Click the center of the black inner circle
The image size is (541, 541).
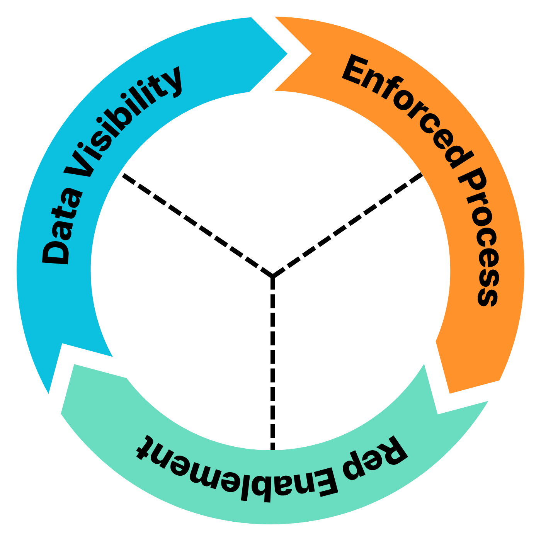coord(270,270)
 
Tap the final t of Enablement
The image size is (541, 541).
coord(145,448)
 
